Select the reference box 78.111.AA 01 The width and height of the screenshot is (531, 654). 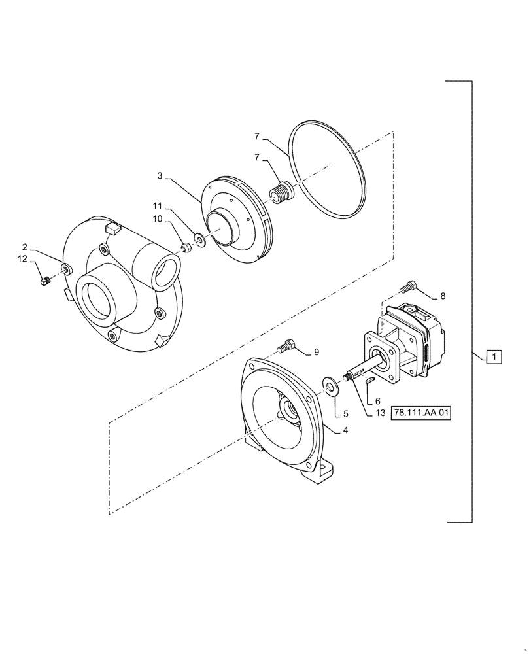422,413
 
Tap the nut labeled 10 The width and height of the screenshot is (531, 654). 186,247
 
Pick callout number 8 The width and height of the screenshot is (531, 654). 443,296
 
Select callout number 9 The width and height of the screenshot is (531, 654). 317,353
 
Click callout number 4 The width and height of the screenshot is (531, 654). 345,430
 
